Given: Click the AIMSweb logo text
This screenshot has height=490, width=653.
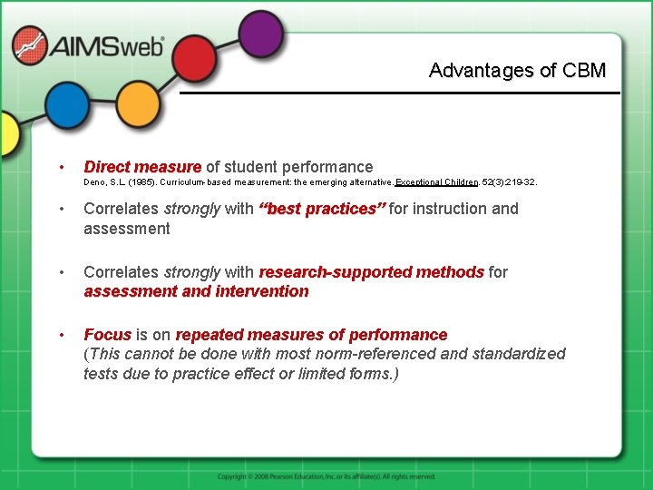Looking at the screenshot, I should tap(107, 46).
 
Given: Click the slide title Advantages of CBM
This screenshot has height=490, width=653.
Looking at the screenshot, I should tap(517, 71).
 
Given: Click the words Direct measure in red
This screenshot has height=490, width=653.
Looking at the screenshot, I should tap(142, 167).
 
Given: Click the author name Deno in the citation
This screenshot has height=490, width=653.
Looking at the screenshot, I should tap(94, 182).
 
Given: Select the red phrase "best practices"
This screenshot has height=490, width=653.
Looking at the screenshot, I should tap(322, 209).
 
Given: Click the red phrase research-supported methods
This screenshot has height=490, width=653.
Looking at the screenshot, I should tap(371, 271).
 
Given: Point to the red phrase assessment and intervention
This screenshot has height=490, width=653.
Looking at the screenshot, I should tap(196, 291).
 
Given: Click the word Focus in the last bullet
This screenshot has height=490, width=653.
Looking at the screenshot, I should tap(108, 335).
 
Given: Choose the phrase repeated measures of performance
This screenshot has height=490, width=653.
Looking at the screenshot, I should tap(311, 335).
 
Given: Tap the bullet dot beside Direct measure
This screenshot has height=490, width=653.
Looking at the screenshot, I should tap(60, 167).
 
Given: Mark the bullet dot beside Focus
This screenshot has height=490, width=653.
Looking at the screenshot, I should tap(60, 335).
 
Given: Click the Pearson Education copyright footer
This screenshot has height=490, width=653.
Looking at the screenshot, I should tap(326, 476).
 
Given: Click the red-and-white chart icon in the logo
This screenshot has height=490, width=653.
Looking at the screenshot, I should tap(29, 45).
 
